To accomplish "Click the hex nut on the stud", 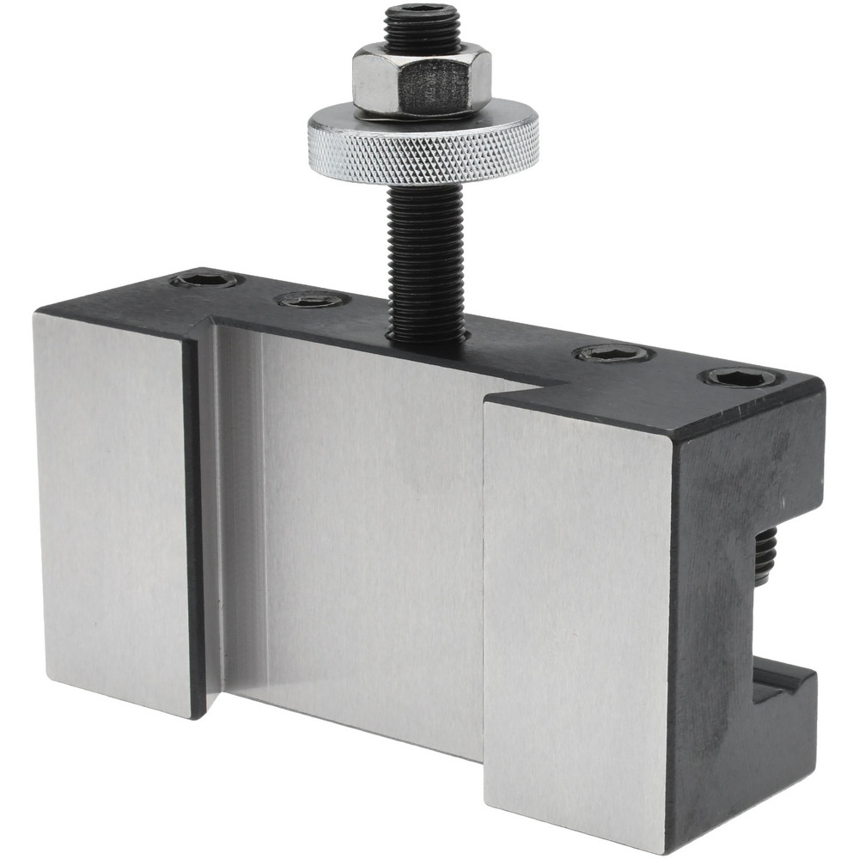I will pyautogui.click(x=421, y=82).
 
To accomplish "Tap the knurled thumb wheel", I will pyautogui.click(x=423, y=146).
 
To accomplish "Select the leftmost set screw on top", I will pyautogui.click(x=204, y=281).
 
